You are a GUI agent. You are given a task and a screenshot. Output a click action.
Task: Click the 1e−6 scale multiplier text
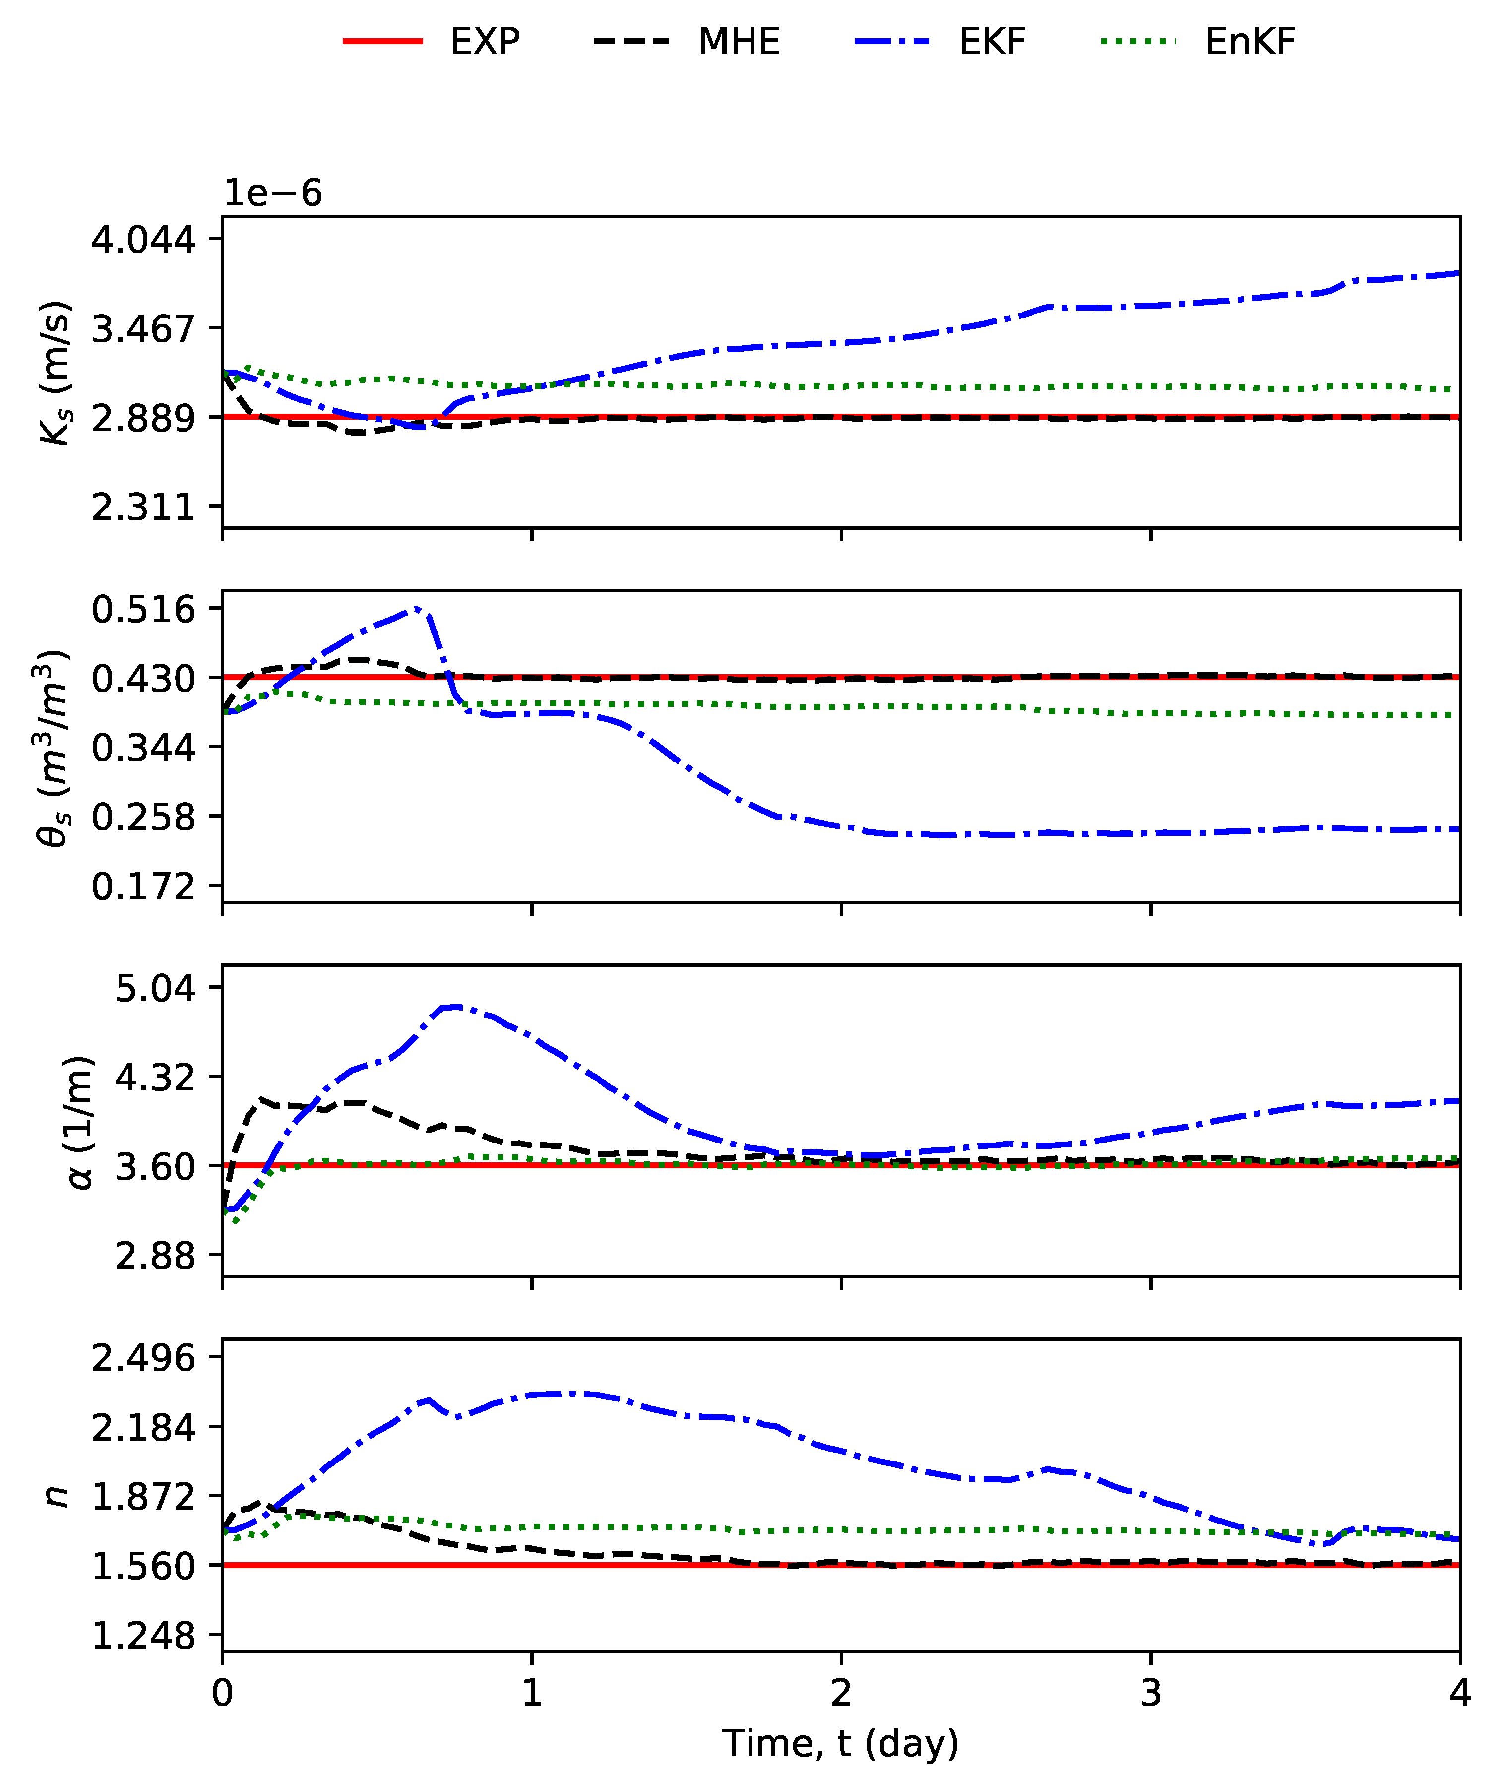(x=272, y=194)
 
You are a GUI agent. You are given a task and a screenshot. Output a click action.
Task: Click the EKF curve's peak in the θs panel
(x=416, y=608)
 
